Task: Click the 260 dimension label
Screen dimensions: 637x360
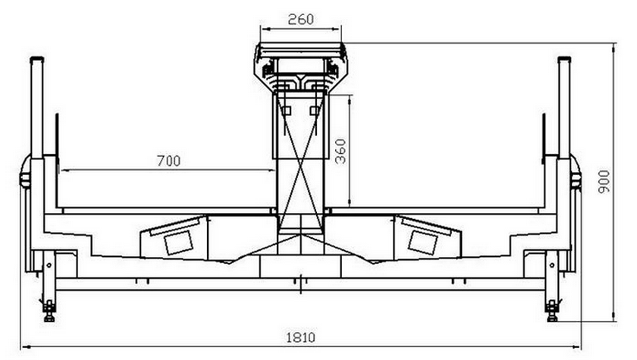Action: pos(300,19)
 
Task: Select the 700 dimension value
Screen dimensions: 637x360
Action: pos(168,161)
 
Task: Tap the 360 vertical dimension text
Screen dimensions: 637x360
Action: pos(340,152)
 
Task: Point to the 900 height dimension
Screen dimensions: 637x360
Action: pos(604,181)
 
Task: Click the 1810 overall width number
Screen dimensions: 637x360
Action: pos(300,337)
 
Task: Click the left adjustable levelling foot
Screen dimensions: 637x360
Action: pos(49,311)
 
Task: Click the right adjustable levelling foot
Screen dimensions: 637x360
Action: pos(552,311)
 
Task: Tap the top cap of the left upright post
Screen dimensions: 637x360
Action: pos(36,59)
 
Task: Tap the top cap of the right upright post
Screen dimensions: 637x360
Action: pos(564,59)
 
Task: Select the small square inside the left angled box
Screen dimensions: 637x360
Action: pos(178,243)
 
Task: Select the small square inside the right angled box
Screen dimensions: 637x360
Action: pos(423,243)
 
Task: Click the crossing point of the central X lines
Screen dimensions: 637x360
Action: pos(300,165)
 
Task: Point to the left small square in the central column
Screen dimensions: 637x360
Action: pos(287,111)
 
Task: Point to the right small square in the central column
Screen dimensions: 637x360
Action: pos(315,111)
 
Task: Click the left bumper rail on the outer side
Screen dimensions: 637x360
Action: pos(25,179)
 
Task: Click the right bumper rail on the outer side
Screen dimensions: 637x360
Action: pos(576,179)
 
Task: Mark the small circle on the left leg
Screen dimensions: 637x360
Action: pos(49,265)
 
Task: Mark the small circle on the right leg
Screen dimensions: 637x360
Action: pos(552,265)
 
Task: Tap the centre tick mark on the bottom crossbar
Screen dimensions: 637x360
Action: pos(300,283)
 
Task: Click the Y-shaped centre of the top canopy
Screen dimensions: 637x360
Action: pos(300,80)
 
